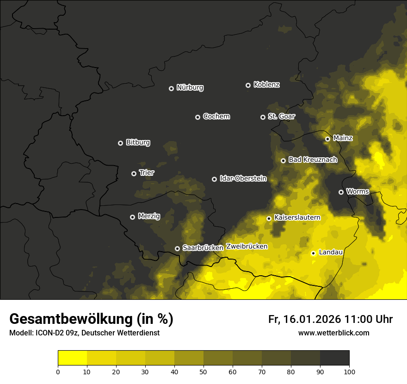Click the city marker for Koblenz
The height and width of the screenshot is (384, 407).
click(248, 85)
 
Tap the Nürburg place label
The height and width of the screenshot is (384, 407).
click(190, 87)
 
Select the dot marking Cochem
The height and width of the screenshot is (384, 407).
click(197, 117)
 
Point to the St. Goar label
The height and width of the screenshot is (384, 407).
click(281, 116)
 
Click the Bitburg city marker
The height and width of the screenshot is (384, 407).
click(120, 143)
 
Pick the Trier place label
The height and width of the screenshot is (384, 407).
click(147, 173)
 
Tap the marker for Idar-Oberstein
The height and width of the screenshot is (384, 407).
click(214, 179)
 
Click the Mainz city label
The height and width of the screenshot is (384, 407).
click(343, 138)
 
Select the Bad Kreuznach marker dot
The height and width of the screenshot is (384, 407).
click(283, 161)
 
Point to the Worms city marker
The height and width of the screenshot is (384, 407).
click(341, 192)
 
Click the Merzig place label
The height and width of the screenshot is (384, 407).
click(149, 216)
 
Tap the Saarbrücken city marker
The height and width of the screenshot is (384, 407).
click(177, 248)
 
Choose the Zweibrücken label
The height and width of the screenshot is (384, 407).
click(247, 246)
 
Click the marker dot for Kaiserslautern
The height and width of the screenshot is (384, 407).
click(269, 218)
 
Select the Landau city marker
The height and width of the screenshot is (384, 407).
click(313, 253)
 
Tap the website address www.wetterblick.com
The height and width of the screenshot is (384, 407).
click(333, 333)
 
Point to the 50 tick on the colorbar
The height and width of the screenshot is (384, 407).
click(203, 372)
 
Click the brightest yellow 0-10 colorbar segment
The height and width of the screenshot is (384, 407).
click(72, 358)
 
